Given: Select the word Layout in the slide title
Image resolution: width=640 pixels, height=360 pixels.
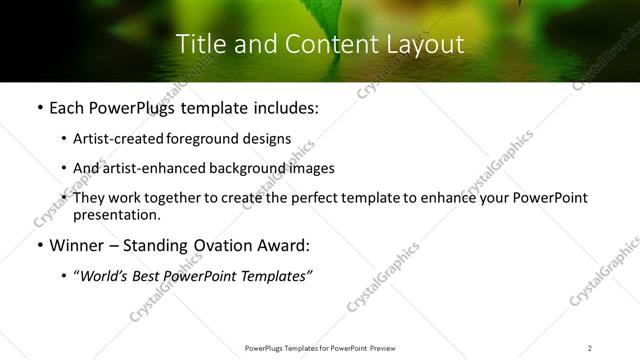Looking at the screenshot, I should point(424,44).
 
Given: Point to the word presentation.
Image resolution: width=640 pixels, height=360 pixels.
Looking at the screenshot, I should point(116,214).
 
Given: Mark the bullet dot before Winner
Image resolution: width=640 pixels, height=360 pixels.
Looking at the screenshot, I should point(39,246).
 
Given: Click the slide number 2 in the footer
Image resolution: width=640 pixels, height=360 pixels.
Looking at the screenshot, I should point(590,347).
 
